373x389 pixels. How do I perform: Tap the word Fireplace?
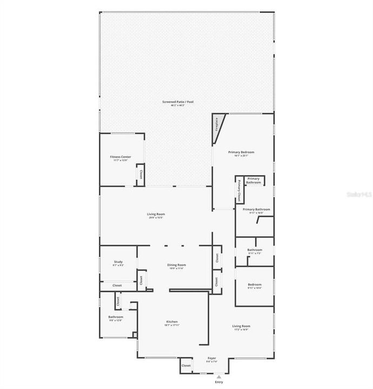[x=217, y=124]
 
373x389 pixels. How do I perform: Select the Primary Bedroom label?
[x=241, y=152]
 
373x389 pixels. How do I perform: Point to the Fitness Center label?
[x=121, y=157]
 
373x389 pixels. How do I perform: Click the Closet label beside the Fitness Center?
[x=141, y=175]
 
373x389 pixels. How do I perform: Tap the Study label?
[x=118, y=261]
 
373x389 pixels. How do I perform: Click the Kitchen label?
[x=171, y=321]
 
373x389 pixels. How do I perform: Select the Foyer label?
[x=212, y=358]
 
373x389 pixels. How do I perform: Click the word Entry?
[x=218, y=383]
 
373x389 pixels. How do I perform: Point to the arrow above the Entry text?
[x=218, y=377]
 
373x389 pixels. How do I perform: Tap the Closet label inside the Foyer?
[x=186, y=366]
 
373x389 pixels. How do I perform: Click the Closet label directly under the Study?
[x=117, y=285]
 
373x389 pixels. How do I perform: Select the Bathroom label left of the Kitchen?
[x=116, y=317]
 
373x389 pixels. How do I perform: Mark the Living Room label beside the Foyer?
[x=241, y=326]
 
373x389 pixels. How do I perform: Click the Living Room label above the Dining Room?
[x=156, y=214]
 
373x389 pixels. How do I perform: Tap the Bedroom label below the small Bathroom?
[x=255, y=284]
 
